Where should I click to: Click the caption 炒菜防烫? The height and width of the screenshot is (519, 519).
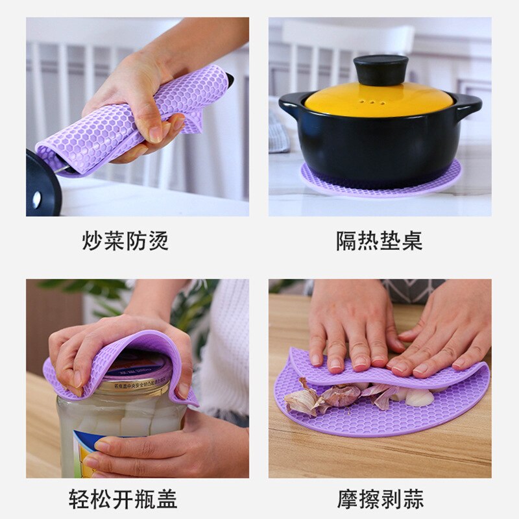click(125, 241)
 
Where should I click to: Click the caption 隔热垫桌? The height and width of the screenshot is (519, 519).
click(379, 241)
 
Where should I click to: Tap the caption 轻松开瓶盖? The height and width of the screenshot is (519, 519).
click(123, 498)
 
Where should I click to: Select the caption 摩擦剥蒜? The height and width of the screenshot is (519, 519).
click(380, 498)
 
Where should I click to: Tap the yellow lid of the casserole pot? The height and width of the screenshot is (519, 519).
click(378, 99)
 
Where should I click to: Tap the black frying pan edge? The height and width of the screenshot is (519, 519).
click(42, 185)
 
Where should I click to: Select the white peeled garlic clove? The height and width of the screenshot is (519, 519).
click(419, 396)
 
